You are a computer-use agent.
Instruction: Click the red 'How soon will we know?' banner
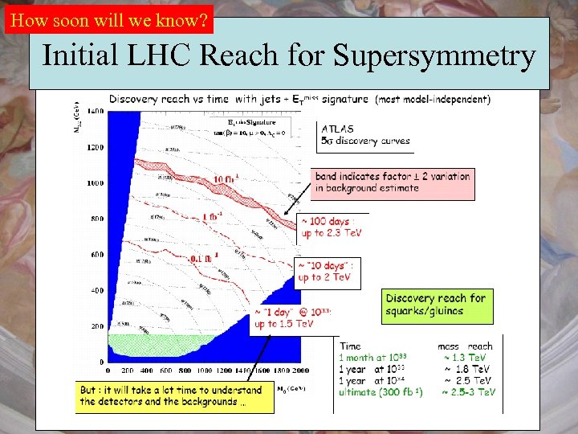point(109,18)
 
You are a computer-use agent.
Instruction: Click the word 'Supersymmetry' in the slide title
point(433,56)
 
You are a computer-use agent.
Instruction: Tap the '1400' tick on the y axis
point(95,110)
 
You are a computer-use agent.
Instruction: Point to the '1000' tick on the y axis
point(95,183)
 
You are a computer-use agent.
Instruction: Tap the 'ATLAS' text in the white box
point(338,129)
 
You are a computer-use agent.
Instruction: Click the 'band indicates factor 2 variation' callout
point(393,182)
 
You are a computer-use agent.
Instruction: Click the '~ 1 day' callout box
point(293,318)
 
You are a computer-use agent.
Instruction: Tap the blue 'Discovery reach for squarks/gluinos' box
point(436,304)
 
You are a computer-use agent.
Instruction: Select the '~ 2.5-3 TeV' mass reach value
point(469,392)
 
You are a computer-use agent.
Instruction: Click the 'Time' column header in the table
point(351,346)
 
